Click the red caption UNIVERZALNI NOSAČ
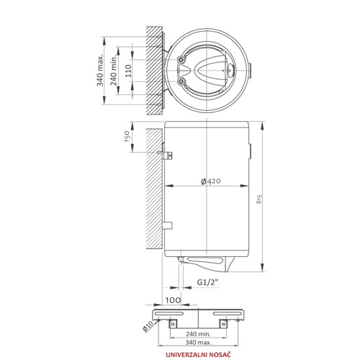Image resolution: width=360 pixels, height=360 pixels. pos(198,354)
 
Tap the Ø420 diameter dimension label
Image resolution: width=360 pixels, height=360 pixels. pos(210,181)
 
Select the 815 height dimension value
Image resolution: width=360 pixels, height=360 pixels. pos(258,199)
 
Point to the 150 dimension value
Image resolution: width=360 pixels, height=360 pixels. pos(127,136)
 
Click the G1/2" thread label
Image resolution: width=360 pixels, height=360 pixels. pos(208,282)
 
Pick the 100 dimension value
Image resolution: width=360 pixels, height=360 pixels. pos(173,300)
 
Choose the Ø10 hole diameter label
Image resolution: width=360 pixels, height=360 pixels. pos(148,326)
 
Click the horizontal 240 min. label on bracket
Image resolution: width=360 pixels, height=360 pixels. pos(198,333)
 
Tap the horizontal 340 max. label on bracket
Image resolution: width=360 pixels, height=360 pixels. pos(198,343)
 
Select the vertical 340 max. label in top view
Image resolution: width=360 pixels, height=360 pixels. pos(99,70)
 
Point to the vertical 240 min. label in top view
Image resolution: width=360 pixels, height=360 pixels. pos(114,70)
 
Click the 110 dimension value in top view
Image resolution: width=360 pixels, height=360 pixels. pos(128,71)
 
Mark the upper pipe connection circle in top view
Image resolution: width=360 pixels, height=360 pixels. pos(181,60)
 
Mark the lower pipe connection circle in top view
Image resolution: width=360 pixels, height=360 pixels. pos(181,82)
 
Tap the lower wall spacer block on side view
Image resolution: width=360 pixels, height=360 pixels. pos(167,225)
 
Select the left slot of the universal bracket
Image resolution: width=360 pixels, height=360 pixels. pos(169,313)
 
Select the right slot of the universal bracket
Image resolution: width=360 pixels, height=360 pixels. pos(228,313)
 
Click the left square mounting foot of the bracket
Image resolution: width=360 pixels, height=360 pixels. pos(173,324)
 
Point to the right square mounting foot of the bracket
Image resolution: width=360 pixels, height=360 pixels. pos(223,324)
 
